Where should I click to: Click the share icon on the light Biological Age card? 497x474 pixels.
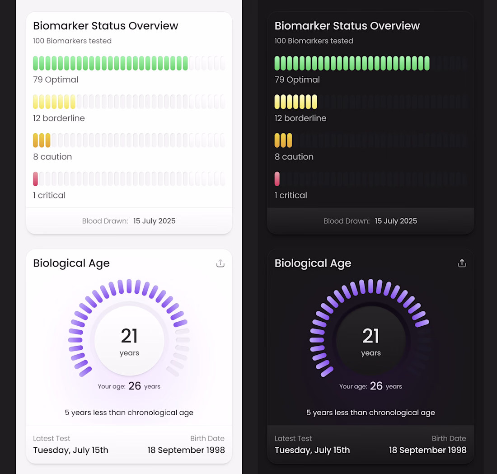[220, 263]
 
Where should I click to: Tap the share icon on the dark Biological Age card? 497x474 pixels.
[462, 263]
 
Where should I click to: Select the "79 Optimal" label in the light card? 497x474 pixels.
[56, 80]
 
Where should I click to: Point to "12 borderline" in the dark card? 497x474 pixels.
[300, 118]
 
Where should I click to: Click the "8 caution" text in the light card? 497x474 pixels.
[52, 157]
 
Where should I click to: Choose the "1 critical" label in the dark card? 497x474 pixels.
[291, 195]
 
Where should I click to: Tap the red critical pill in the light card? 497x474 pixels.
[36, 179]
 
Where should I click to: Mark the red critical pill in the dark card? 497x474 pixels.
[277, 179]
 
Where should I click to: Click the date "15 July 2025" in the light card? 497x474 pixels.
[154, 221]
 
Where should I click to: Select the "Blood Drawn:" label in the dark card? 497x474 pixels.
[347, 221]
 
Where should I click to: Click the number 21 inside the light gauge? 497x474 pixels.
[129, 336]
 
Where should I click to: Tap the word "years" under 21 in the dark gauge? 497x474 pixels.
[371, 353]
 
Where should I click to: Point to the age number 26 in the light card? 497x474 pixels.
[135, 386]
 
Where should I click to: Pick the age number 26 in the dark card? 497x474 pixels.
[376, 386]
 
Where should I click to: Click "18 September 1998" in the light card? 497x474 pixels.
[186, 450]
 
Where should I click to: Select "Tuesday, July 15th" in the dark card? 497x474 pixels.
[312, 450]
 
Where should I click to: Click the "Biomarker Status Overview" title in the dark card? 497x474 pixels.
[347, 26]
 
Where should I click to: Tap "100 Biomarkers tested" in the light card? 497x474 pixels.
[72, 41]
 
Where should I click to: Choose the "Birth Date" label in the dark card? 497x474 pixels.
[449, 438]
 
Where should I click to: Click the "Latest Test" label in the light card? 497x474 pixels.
[52, 438]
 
